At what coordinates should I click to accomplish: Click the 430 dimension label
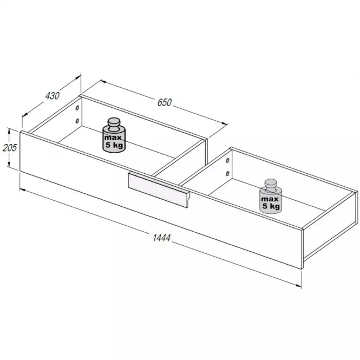pyautogui.click(x=53, y=96)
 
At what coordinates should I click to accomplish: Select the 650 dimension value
pyautogui.click(x=165, y=102)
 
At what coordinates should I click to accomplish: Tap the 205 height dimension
pyautogui.click(x=10, y=148)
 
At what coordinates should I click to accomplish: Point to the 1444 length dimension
pyautogui.click(x=162, y=238)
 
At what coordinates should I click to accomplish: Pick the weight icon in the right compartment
pyautogui.click(x=271, y=197)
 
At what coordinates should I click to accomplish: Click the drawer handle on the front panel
pyautogui.click(x=159, y=189)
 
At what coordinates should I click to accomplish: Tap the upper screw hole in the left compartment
pyautogui.click(x=77, y=108)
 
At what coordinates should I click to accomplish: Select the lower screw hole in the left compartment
pyautogui.click(x=77, y=121)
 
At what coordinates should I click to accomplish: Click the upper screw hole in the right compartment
pyautogui.click(x=227, y=160)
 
